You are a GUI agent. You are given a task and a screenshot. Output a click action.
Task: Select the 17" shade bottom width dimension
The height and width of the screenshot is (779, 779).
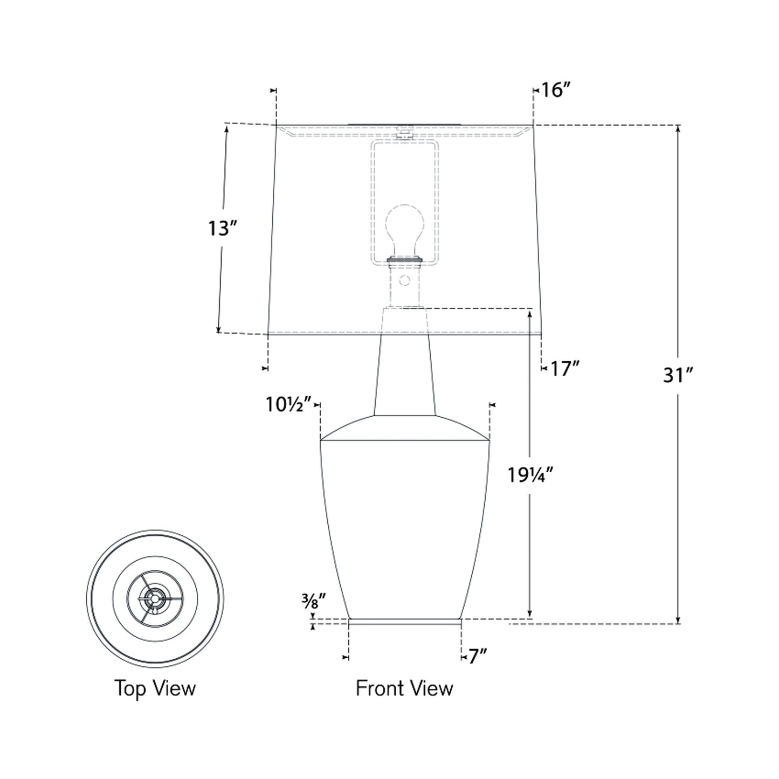[x=564, y=369]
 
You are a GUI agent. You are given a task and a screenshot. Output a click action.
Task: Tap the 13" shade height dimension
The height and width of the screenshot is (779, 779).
[x=223, y=229]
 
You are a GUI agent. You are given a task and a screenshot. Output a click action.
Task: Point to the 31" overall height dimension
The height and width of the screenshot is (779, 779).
[x=677, y=375]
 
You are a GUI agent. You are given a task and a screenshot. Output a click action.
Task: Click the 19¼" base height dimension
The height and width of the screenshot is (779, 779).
[x=530, y=475]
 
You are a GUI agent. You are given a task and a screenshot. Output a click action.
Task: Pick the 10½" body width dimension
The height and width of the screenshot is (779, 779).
[x=288, y=404]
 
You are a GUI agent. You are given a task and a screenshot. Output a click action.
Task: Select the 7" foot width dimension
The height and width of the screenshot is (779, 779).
[x=477, y=657]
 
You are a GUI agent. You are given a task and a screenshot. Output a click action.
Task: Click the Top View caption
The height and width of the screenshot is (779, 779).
[x=155, y=688]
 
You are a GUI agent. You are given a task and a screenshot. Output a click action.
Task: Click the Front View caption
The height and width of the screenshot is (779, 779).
[x=404, y=688]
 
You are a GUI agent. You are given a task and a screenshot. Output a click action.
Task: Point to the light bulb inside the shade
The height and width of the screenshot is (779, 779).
[x=404, y=226]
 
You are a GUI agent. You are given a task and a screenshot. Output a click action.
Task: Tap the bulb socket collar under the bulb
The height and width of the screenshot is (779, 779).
[x=404, y=260]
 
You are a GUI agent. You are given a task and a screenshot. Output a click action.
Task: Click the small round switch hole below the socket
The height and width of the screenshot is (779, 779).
[x=404, y=280]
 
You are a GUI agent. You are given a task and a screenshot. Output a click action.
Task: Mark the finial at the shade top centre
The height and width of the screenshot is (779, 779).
[x=404, y=132]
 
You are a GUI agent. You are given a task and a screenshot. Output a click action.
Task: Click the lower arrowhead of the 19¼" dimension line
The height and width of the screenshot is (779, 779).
[x=530, y=615]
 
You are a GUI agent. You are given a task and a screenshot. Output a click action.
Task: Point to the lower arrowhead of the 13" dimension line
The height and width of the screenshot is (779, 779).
[x=218, y=329]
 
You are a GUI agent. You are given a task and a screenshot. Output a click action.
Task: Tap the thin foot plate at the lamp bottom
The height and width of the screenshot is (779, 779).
[x=404, y=622]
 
